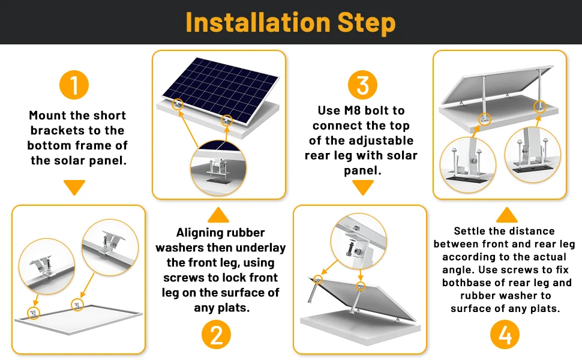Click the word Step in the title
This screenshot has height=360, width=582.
coord(364,22)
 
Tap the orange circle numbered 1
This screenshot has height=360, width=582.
coord(74,85)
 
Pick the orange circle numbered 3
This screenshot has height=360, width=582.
coord(362,85)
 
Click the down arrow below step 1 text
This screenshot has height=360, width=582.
coord(74,188)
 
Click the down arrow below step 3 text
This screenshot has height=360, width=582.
coord(362,188)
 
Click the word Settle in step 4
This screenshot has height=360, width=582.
coord(471,231)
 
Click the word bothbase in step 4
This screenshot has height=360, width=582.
coord(463,283)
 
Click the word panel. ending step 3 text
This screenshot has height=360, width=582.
coord(362,171)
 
